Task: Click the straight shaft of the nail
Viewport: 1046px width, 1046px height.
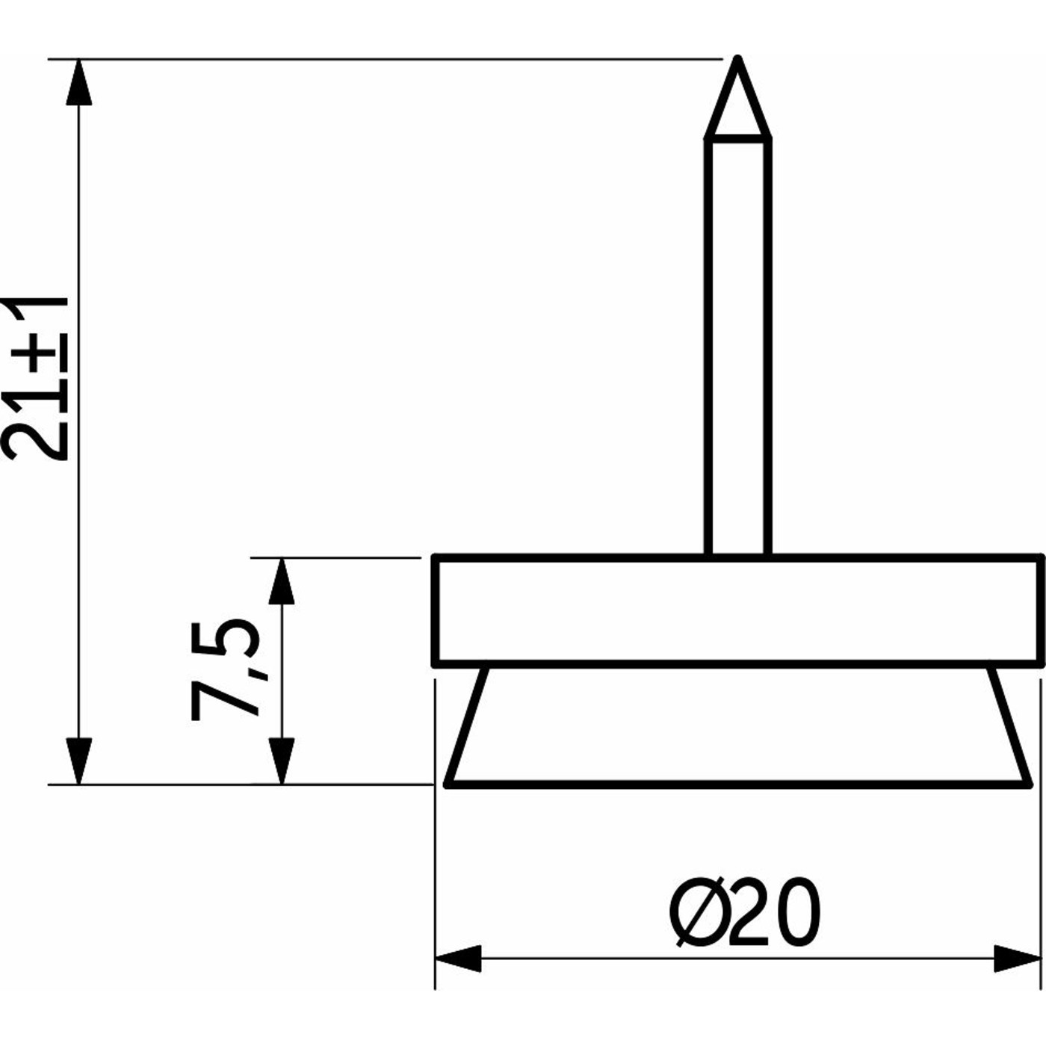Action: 738,344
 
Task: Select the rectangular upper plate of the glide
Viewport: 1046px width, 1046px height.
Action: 738,610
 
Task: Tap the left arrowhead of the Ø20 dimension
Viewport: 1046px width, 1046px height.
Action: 457,959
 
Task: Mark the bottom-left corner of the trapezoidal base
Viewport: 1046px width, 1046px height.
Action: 447,784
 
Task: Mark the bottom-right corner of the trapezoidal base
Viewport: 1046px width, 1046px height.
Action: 1031,784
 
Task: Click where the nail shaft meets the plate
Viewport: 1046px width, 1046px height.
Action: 738,556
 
